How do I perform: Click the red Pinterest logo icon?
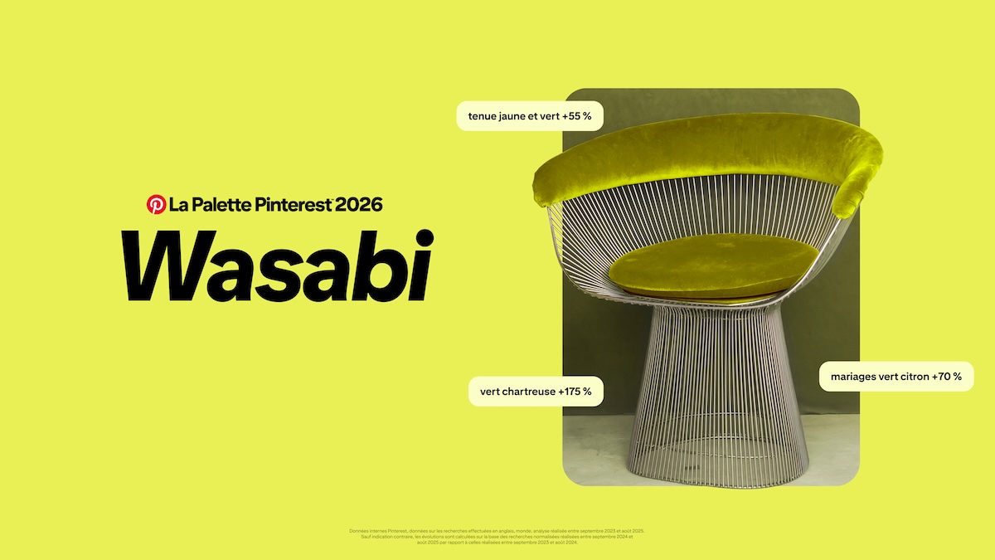pyautogui.click(x=156, y=204)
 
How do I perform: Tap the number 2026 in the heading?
pyautogui.click(x=360, y=204)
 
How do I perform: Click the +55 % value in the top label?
pyautogui.click(x=576, y=116)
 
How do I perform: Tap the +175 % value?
pyautogui.click(x=575, y=391)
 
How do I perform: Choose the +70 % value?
pyautogui.click(x=947, y=377)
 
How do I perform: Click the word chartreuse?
pyautogui.click(x=527, y=391)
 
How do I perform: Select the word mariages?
pyautogui.click(x=854, y=377)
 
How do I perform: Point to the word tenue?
pyautogui.click(x=483, y=116)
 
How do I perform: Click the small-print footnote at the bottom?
pyautogui.click(x=498, y=536)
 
